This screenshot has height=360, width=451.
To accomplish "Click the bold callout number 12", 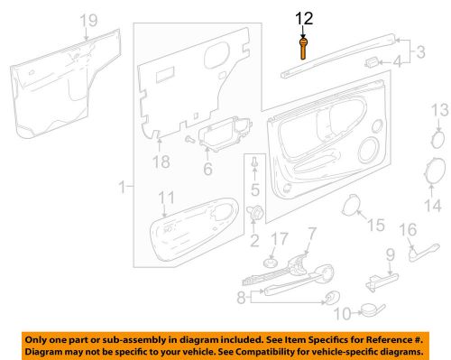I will pyautogui.click(x=304, y=17).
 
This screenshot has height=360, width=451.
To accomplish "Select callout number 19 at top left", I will pyautogui.click(x=87, y=20).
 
